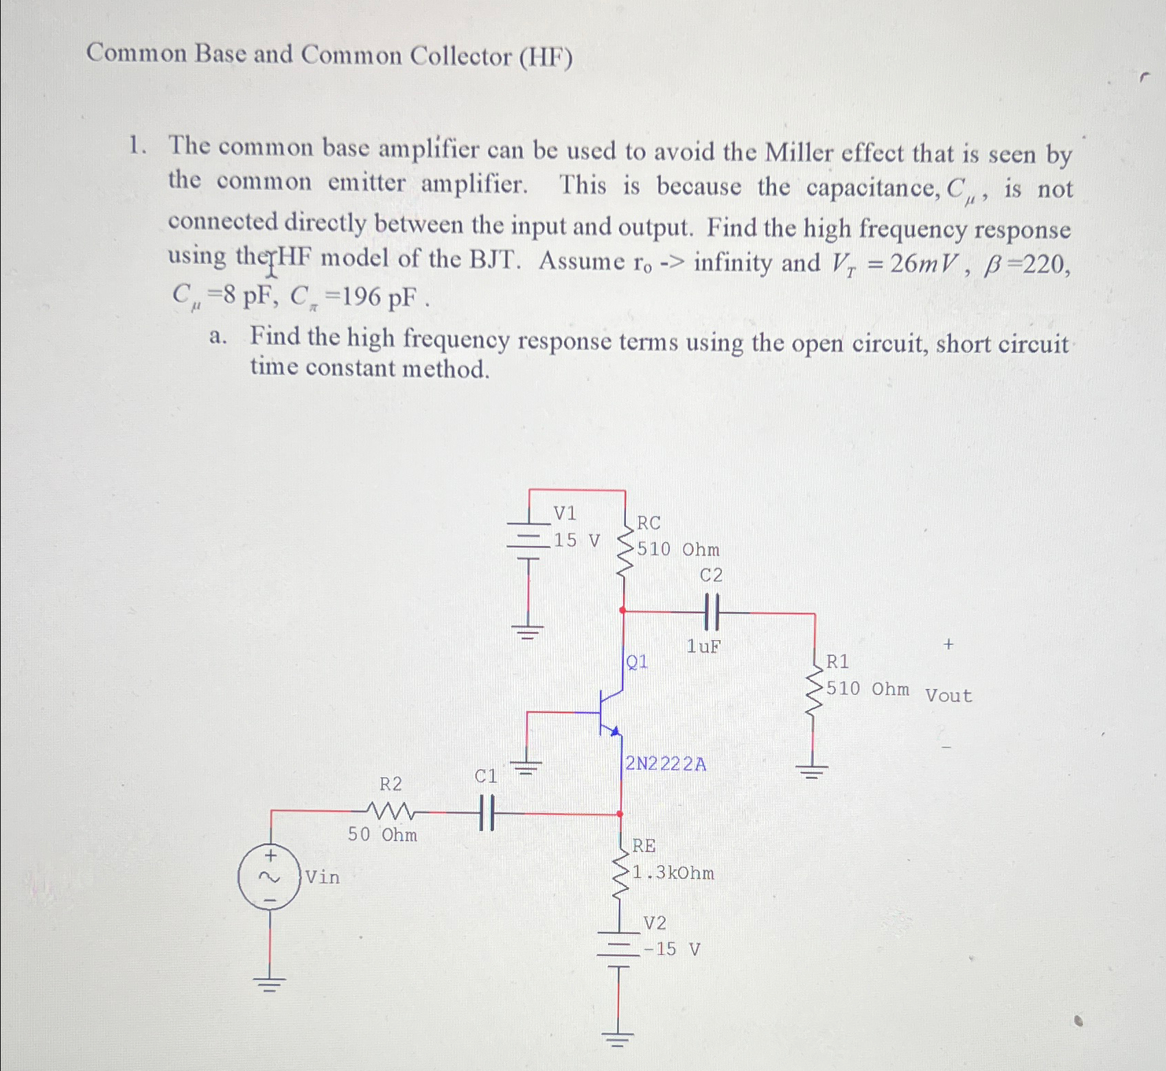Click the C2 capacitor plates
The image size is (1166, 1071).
(x=711, y=611)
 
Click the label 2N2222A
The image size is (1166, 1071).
(x=666, y=764)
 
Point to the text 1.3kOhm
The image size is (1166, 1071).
(x=674, y=873)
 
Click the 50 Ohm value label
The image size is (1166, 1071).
(x=382, y=835)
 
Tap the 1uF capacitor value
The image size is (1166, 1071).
(x=704, y=646)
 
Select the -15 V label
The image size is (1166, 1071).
(x=673, y=950)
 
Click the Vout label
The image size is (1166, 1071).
(x=948, y=696)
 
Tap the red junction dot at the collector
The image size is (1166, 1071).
(x=622, y=609)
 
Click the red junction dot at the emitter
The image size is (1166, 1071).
(x=620, y=814)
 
